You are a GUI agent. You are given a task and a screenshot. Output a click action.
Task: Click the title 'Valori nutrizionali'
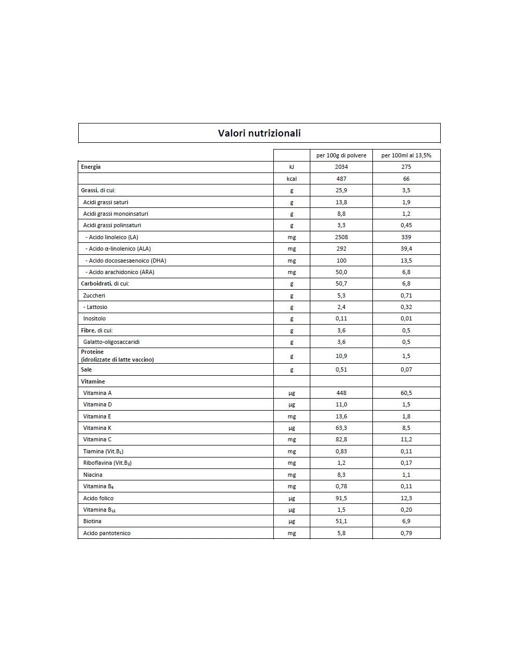pos(259,133)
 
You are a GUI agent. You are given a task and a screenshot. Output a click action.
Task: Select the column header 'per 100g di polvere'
pos(341,155)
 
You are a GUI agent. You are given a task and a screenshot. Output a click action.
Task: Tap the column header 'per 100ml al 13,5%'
pos(406,155)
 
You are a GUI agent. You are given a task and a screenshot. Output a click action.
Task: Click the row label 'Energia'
pos(91,167)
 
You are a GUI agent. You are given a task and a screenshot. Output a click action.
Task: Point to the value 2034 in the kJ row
pos(341,167)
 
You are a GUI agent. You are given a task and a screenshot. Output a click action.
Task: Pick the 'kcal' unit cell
pos(292,179)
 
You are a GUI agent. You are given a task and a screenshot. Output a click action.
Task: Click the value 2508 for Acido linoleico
pos(341,237)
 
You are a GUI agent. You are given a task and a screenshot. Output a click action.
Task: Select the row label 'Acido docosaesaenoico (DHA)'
pos(127,261)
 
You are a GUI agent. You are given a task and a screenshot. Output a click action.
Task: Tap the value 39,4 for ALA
pos(406,249)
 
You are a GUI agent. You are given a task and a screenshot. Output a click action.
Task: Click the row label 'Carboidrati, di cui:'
pos(105,283)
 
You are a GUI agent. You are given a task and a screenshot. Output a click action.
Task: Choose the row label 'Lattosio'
pos(96,307)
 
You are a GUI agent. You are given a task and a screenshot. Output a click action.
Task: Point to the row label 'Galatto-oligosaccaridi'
pos(111,342)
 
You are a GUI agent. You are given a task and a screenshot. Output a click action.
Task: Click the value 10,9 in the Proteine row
pos(341,356)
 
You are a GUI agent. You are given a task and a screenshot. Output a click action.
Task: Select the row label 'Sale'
pos(86,369)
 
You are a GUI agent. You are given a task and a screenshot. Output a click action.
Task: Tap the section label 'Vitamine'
pos(93,381)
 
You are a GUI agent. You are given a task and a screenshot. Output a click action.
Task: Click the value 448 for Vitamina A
pos(341,393)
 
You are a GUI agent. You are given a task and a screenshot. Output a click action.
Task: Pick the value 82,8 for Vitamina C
pos(341,439)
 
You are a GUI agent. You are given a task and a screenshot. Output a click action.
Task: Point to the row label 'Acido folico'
pos(98,498)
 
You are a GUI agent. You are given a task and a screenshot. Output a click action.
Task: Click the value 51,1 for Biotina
pos(341,521)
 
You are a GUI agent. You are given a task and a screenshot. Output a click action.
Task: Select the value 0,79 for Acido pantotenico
pos(406,533)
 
